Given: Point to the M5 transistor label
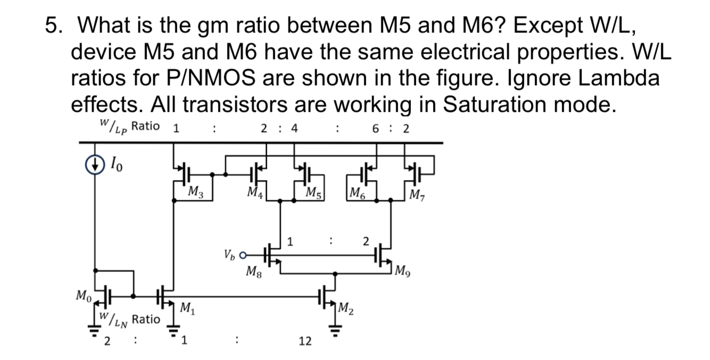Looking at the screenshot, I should click(x=313, y=192).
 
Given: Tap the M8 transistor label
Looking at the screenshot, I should click(x=253, y=273).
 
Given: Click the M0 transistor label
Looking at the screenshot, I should click(x=82, y=294).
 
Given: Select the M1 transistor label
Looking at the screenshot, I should click(x=187, y=307).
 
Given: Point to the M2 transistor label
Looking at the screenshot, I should click(x=346, y=307).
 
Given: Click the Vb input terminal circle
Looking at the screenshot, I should click(x=244, y=255).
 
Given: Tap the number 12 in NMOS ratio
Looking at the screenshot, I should click(x=305, y=341).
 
